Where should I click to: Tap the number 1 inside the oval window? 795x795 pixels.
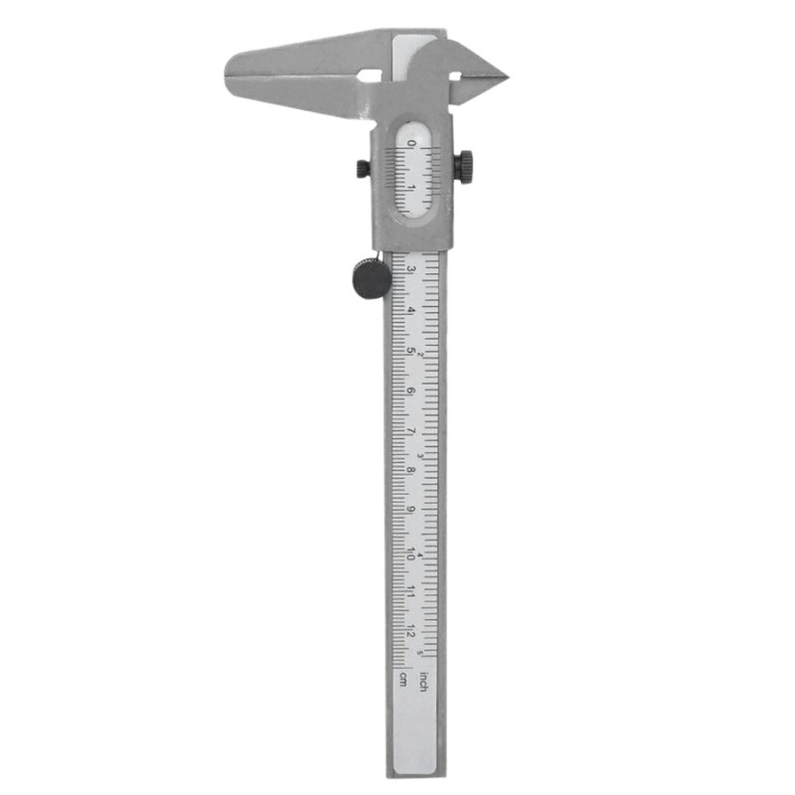pos(411,186)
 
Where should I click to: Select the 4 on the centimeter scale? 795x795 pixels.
pos(410,310)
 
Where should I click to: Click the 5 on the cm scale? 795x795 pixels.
pos(410,351)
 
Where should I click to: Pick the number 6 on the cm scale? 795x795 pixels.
pos(410,392)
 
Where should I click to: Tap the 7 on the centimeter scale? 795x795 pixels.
pos(410,432)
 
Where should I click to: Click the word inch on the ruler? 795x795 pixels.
pos(423,682)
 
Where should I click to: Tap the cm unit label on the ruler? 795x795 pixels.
pos(402,680)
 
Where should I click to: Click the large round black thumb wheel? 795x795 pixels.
pos(372,277)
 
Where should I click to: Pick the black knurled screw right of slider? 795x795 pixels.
pos(464,166)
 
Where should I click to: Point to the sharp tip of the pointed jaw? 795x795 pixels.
pos(507,76)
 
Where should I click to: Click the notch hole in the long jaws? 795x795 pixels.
pos(372,75)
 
